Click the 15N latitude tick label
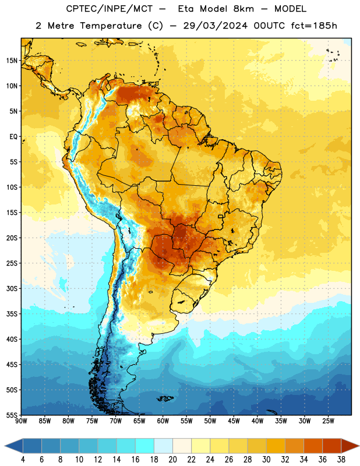(12, 61)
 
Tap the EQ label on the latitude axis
(13, 137)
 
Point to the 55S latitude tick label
(12, 415)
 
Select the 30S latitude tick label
(12, 288)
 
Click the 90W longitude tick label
(21, 421)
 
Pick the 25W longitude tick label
(328, 421)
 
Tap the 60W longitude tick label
(163, 421)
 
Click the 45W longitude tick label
(234, 421)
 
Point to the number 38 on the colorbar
(341, 460)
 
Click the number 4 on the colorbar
(23, 460)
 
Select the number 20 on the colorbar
(172, 460)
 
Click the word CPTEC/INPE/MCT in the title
(110, 9)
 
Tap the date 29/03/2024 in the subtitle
(215, 26)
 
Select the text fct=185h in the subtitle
(314, 26)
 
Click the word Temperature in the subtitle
(111, 26)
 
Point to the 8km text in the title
(243, 9)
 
